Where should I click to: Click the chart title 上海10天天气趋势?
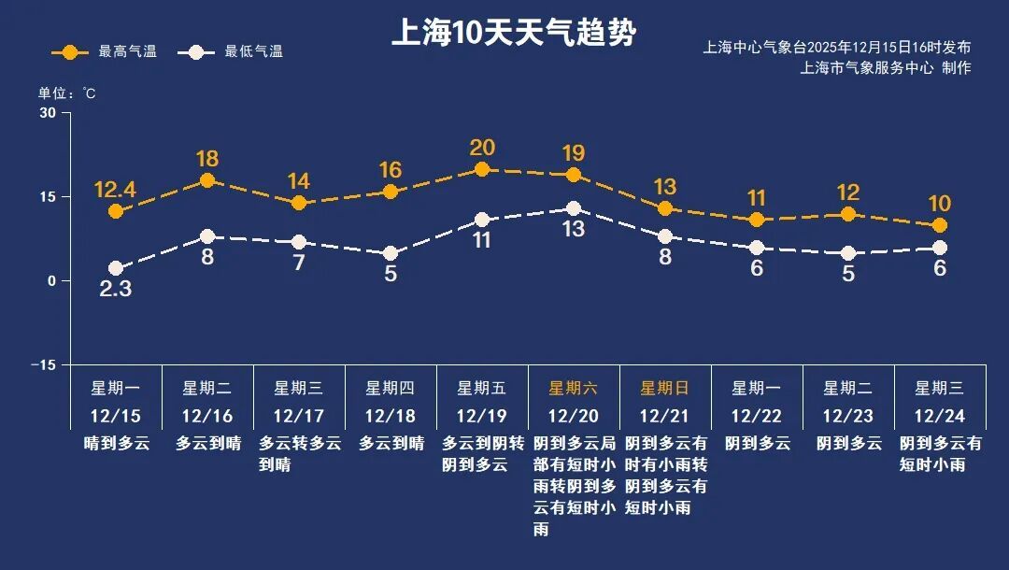pos(513,34)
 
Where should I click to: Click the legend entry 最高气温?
pos(105,51)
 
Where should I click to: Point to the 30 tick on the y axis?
pos(47,113)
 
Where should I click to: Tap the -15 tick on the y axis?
pos(43,364)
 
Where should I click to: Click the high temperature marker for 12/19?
pos(482,169)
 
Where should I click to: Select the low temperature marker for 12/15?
pos(116,268)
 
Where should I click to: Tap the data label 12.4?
pos(115,191)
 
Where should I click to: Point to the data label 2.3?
pos(115,290)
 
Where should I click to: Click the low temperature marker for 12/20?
pos(574,208)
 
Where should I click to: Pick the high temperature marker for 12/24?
pos(940,225)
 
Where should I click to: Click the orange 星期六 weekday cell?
pos(573,388)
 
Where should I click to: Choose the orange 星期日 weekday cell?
pos(664,388)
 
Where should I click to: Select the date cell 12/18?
pos(390,416)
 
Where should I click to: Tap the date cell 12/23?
pos(847,416)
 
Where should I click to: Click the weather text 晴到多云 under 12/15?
pos(115,443)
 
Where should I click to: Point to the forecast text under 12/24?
pos(940,453)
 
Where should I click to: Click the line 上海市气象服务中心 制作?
pos(886,67)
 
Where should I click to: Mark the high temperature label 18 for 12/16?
pos(207,158)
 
